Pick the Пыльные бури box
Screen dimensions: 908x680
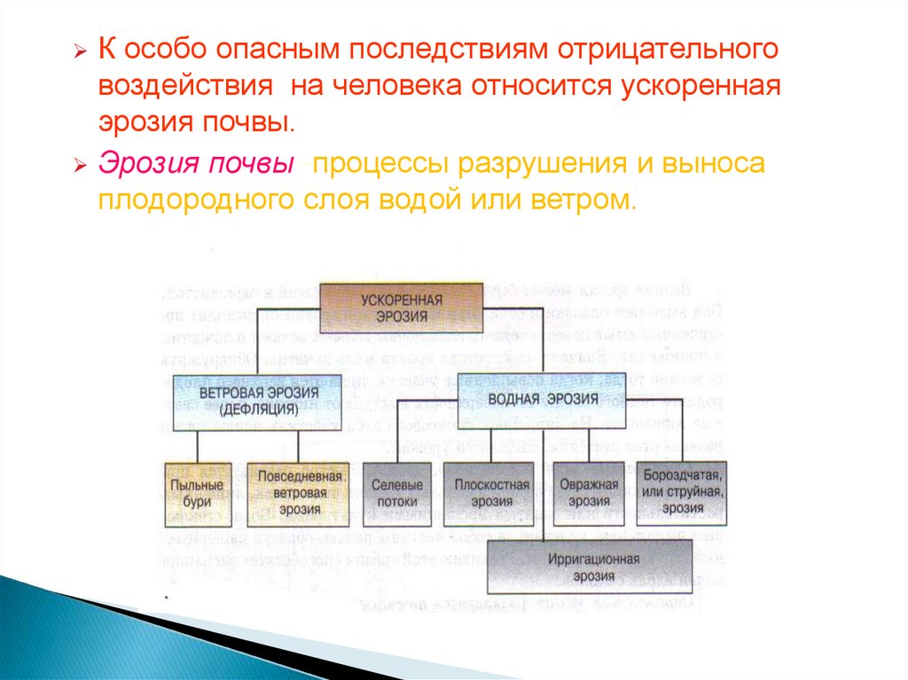click(197, 493)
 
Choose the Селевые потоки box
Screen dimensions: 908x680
click(396, 494)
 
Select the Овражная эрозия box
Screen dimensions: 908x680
click(589, 493)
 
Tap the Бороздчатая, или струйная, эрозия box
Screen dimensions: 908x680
click(684, 493)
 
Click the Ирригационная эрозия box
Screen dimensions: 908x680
click(589, 568)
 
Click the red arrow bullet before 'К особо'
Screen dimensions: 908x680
click(80, 52)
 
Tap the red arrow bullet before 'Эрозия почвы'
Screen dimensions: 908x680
click(80, 166)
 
